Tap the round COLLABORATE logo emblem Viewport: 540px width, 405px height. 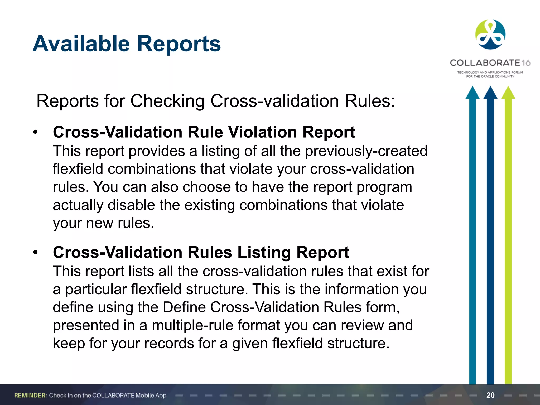490,35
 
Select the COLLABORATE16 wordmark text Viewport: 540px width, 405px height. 490,63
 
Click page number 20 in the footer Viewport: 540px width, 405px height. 490,395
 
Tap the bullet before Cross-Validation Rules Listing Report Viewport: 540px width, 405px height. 36,253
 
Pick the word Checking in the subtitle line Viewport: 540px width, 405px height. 167,101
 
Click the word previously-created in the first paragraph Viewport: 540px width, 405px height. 366,151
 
